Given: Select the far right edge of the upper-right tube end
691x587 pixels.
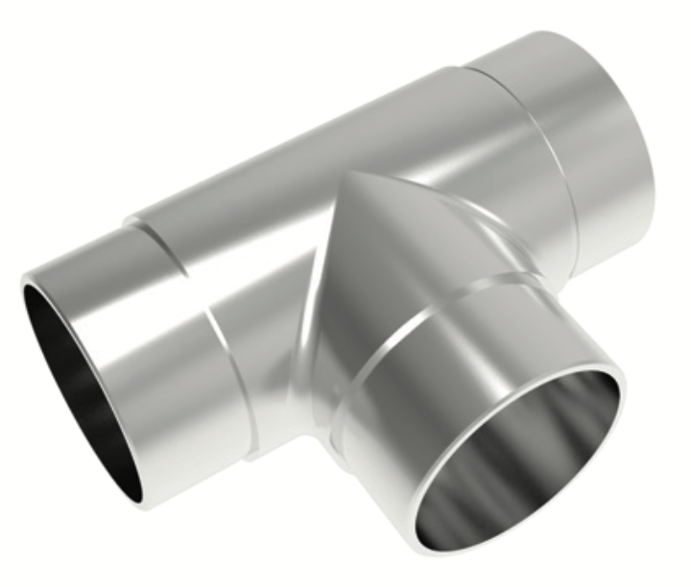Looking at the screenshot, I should click(x=654, y=144).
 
